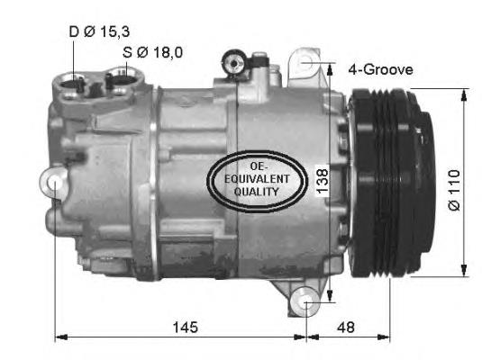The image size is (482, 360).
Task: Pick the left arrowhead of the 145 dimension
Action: pyautogui.click(x=60, y=338)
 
